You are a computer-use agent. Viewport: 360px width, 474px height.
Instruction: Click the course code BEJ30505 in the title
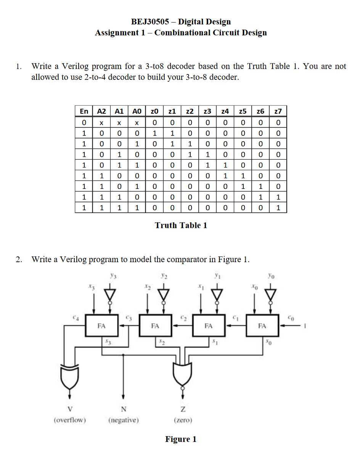coord(149,22)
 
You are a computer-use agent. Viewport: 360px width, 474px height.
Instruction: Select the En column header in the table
coord(84,111)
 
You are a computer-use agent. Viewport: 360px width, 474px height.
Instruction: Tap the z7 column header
coord(278,111)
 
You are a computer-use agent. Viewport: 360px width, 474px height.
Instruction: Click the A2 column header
coord(101,111)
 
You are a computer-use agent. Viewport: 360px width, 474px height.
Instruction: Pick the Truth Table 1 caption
coord(181,225)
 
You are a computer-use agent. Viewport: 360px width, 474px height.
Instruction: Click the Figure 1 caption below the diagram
coord(181,439)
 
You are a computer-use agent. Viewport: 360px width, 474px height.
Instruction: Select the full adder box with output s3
coord(101,326)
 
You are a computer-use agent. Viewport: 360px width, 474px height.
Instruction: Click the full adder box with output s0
coord(262,326)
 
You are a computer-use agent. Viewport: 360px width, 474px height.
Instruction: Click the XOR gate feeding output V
coord(69,376)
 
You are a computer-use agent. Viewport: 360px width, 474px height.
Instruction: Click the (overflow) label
coord(70,420)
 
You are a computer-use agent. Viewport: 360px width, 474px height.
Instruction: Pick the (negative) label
coord(123,420)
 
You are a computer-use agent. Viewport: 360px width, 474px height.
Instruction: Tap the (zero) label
coord(183,420)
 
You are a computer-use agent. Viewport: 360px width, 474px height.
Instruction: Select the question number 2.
coord(18,260)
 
